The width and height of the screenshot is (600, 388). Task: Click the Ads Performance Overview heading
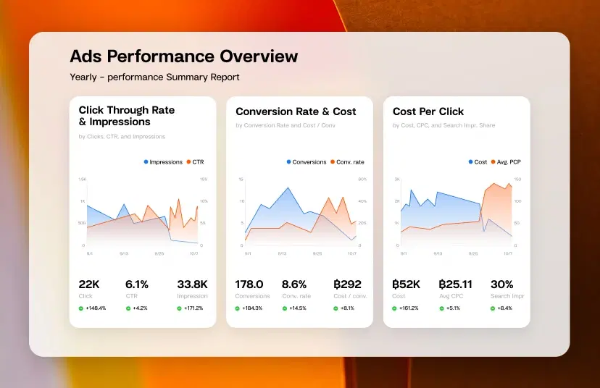coord(184,56)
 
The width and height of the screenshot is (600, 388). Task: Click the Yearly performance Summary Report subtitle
coord(154,77)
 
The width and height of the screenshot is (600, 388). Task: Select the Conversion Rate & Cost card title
coord(296,111)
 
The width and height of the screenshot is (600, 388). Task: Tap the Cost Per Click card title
coord(428,111)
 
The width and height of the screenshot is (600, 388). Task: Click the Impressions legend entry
coord(163,162)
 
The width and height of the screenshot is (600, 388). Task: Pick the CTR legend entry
coord(195,162)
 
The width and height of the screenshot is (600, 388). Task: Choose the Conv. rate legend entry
coord(346,162)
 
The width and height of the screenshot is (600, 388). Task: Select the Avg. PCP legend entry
coord(505,162)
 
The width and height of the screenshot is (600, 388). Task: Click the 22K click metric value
coord(89,284)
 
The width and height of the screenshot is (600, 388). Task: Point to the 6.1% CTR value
coord(136,284)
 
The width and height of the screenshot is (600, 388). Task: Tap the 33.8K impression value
coord(192,284)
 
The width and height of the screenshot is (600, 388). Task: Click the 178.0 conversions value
coord(249,284)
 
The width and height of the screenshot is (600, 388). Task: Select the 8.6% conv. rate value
coord(294,284)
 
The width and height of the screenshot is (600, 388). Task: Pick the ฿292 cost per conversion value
coord(347,284)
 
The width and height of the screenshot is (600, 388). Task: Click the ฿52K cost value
coord(407,284)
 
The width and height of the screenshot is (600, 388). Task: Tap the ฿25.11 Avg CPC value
coord(455,284)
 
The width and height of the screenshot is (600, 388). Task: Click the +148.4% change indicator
coord(93,308)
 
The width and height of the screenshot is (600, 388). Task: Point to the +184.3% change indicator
coord(249,308)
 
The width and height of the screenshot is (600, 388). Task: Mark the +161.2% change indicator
coord(406,308)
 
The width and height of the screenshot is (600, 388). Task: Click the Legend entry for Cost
coord(477,162)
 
